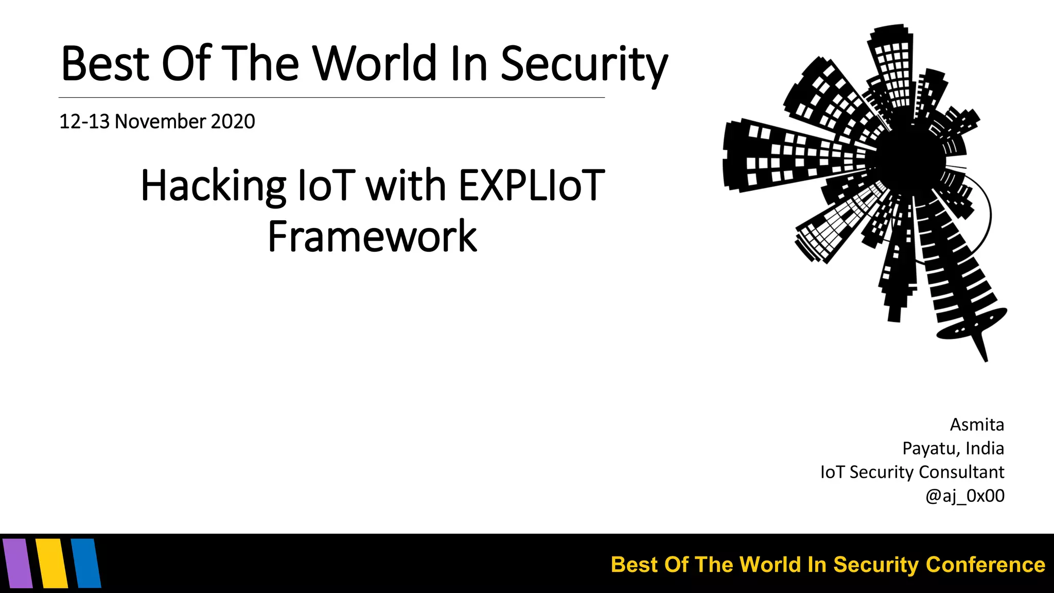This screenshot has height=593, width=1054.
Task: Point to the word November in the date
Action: pyautogui.click(x=160, y=121)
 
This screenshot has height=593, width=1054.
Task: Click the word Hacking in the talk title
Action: pyautogui.click(x=213, y=186)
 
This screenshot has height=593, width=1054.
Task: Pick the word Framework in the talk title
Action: pyautogui.click(x=372, y=236)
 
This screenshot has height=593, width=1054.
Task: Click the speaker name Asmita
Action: pyautogui.click(x=977, y=425)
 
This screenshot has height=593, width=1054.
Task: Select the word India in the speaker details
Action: pyautogui.click(x=985, y=448)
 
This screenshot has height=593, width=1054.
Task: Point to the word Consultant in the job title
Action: pyautogui.click(x=961, y=472)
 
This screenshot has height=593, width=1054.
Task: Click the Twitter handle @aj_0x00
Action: pyautogui.click(x=964, y=496)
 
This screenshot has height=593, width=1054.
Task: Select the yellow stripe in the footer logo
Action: pyautogui.click(x=52, y=563)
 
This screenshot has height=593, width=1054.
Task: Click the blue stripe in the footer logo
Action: pyautogui.click(x=86, y=563)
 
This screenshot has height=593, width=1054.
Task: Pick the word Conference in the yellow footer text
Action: pyautogui.click(x=985, y=565)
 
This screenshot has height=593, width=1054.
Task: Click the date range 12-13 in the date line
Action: pyautogui.click(x=84, y=121)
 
